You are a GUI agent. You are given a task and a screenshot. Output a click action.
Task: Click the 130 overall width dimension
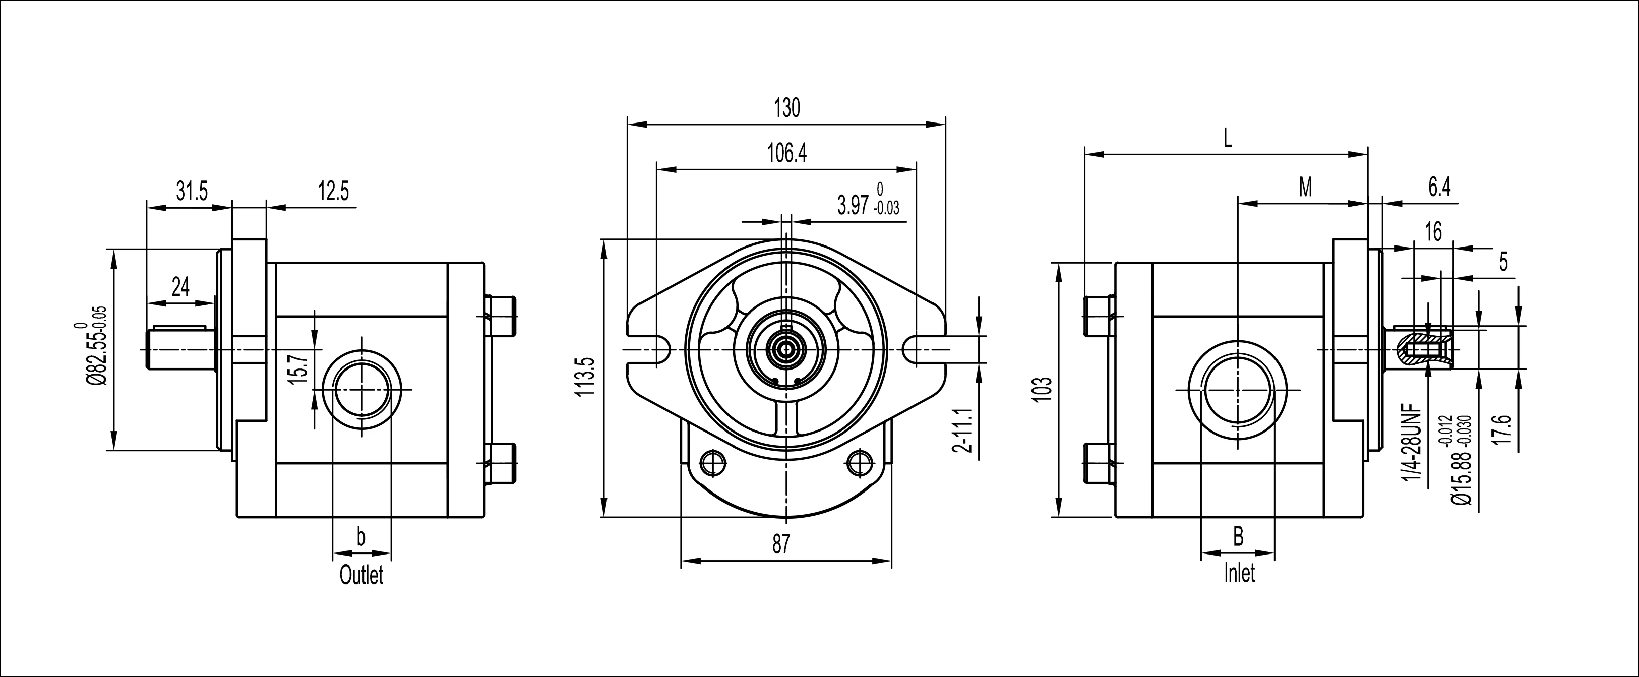pos(786,108)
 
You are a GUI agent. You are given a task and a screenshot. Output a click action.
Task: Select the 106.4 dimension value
pos(786,153)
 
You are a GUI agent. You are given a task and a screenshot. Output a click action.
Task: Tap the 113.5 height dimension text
pos(585,377)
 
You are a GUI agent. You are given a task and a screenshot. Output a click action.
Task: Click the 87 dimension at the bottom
pos(781,544)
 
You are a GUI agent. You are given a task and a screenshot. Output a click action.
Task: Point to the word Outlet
pos(361,575)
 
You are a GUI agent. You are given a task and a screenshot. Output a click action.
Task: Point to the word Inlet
pos(1239,573)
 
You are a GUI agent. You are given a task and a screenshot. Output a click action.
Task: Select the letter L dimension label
pos(1228,139)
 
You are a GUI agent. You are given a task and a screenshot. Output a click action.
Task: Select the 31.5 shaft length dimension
pos(192,191)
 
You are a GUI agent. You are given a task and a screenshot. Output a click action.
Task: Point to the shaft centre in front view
pos(786,349)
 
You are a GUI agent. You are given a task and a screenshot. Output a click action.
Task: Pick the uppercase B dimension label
pos(1238,536)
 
